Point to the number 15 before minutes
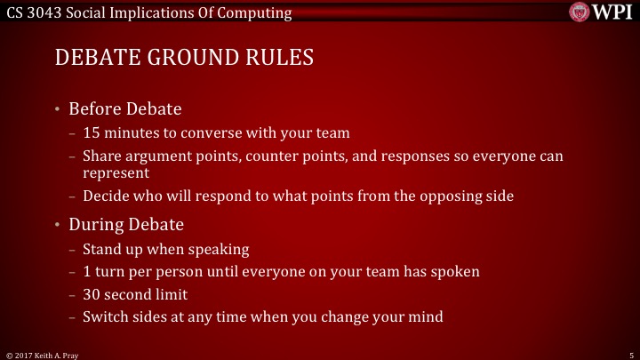tap(91, 134)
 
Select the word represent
tap(116, 173)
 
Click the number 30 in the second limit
tap(92, 293)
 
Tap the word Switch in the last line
tap(105, 316)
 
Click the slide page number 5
tap(629, 354)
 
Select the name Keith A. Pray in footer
tap(52, 354)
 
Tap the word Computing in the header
tap(260, 13)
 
